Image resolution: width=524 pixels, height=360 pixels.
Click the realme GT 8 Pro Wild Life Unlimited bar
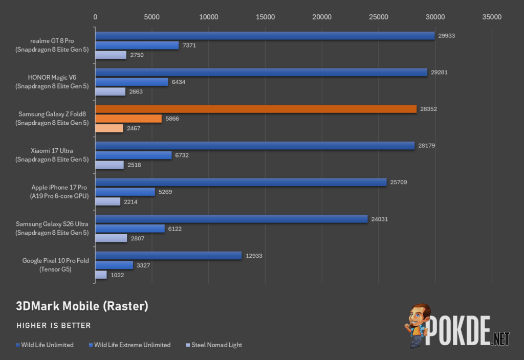click(x=265, y=36)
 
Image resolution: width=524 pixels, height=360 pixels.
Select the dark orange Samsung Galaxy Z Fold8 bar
click(x=256, y=109)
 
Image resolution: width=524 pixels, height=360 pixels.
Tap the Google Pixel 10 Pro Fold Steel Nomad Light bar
click(x=101, y=275)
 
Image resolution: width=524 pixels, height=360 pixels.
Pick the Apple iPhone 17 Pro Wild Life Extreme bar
click(x=125, y=192)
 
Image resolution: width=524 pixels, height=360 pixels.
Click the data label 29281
click(x=439, y=72)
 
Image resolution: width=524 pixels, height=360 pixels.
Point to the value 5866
click(x=172, y=119)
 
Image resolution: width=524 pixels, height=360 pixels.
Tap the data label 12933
click(x=254, y=256)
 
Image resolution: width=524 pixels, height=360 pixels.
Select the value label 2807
click(x=137, y=238)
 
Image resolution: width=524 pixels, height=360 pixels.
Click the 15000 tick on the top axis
click(x=266, y=17)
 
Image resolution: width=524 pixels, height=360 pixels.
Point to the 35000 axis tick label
click(x=492, y=17)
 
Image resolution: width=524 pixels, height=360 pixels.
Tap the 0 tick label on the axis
click(x=95, y=17)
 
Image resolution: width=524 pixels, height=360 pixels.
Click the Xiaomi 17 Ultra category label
click(x=52, y=155)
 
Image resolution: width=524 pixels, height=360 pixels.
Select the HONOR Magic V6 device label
click(x=52, y=82)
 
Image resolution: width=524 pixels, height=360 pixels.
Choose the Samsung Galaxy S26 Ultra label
click(x=52, y=229)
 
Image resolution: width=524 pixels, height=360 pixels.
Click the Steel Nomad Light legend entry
click(x=214, y=345)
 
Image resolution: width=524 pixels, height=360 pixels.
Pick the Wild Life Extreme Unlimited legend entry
click(x=129, y=345)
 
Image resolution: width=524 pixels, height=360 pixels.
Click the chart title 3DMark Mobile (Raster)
click(x=82, y=306)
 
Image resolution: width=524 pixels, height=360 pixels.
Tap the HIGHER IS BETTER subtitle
click(x=53, y=326)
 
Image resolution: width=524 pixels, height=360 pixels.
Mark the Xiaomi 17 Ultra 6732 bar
click(x=134, y=155)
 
